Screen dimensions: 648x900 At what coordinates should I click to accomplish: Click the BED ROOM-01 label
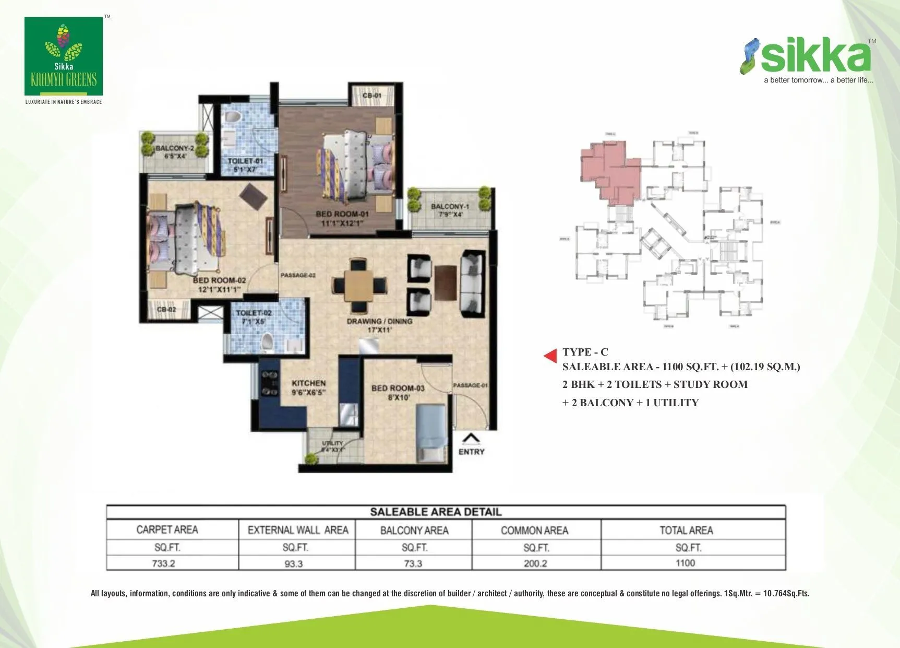342,214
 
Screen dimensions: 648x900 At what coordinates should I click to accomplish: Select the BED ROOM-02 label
219,280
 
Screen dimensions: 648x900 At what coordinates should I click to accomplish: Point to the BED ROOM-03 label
398,388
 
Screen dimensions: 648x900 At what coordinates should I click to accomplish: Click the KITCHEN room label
308,383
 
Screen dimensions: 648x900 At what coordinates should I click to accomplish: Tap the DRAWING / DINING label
379,321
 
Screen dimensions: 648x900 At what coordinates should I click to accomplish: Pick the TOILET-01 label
245,161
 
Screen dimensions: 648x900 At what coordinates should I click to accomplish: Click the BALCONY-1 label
450,206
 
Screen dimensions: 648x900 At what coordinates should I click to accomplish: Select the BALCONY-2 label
174,148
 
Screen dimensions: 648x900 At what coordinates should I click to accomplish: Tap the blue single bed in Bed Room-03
430,432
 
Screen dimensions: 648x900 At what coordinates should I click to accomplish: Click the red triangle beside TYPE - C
550,356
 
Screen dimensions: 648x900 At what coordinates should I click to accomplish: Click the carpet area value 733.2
163,563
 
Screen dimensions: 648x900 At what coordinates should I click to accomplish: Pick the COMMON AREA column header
534,531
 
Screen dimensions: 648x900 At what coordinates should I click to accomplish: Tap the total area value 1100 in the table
685,563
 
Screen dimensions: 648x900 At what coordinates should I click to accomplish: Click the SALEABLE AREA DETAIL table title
436,512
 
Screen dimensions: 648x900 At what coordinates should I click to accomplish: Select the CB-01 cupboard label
371,96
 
